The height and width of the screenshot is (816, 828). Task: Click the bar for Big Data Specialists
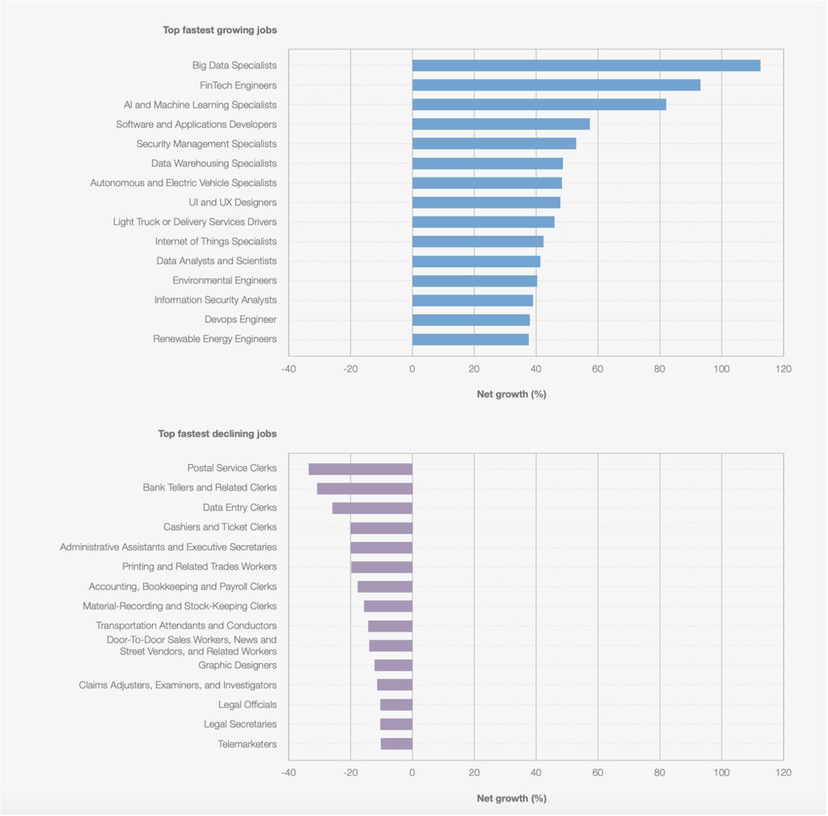click(586, 66)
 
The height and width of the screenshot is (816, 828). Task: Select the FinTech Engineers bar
click(556, 85)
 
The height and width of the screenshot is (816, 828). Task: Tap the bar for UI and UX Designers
click(486, 202)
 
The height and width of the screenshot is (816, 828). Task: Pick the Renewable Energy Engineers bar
click(471, 339)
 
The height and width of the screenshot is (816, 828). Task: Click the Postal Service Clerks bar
click(361, 468)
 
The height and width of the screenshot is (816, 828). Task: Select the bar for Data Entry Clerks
click(372, 508)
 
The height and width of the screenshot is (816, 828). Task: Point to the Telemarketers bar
click(396, 744)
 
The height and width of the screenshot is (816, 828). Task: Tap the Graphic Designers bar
click(393, 665)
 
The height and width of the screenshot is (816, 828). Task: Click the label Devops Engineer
click(240, 319)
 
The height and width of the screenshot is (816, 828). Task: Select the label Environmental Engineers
click(224, 281)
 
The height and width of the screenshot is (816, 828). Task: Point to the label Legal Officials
click(247, 704)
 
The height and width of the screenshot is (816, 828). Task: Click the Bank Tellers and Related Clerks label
click(209, 488)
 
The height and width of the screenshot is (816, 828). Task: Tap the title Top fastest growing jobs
click(220, 30)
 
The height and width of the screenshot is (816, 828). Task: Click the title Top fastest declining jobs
click(218, 433)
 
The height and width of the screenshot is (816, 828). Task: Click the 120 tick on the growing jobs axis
click(783, 369)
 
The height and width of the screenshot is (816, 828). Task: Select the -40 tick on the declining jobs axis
click(288, 772)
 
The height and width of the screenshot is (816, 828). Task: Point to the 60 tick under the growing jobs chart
click(598, 369)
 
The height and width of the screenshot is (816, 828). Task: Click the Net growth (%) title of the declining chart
click(511, 798)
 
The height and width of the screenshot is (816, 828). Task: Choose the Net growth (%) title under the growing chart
click(511, 394)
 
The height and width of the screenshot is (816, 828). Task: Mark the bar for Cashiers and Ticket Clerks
click(381, 527)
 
